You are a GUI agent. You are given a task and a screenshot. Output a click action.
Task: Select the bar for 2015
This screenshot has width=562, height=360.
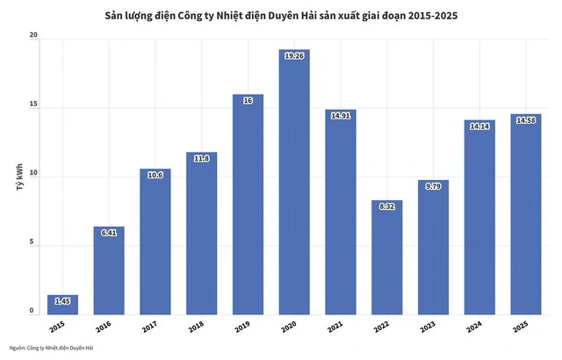click(62, 305)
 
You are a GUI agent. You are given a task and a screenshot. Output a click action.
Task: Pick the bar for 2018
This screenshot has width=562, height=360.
click(202, 237)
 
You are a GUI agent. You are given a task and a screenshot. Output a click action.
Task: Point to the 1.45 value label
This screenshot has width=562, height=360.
click(62, 301)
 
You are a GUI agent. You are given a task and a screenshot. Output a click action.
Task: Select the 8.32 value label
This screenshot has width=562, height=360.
click(386, 206)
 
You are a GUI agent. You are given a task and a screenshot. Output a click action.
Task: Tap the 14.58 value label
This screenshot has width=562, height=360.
click(525, 119)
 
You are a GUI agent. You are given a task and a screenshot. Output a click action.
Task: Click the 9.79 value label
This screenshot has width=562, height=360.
click(433, 186)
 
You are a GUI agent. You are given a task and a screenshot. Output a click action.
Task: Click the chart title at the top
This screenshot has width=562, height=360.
click(280, 16)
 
